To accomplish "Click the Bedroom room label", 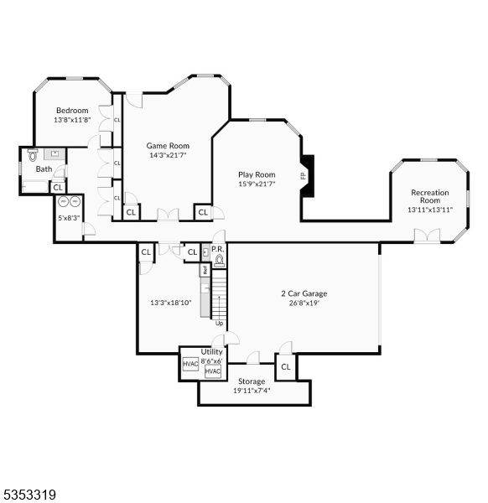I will (x=72, y=111).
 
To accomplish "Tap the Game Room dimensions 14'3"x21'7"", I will (x=168, y=155).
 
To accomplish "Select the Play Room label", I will (x=257, y=174).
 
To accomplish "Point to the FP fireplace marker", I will (x=303, y=176).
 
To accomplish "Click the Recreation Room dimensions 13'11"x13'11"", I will (x=430, y=210).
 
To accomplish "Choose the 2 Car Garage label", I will (x=304, y=293).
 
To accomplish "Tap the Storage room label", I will (x=252, y=381).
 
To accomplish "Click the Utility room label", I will (x=211, y=352).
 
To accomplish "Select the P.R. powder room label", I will (x=217, y=249).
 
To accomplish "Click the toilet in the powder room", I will (x=220, y=261).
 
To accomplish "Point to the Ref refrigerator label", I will (x=204, y=270).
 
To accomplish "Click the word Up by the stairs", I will (x=219, y=324).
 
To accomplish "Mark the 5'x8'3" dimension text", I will (x=69, y=218).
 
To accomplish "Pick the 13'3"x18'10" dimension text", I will (x=171, y=303).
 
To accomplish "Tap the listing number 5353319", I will (x=30, y=495).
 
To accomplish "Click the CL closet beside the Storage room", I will (x=285, y=367).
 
